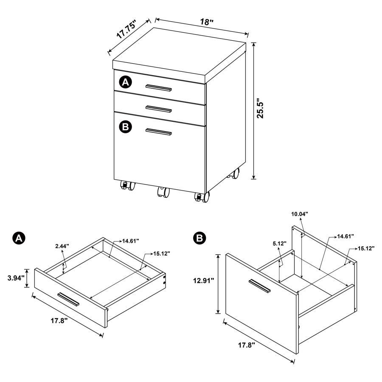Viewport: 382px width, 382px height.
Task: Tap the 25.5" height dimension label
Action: click(x=265, y=110)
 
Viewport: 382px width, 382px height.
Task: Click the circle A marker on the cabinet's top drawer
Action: click(x=125, y=82)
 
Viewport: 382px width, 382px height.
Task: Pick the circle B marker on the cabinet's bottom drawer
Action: click(x=125, y=126)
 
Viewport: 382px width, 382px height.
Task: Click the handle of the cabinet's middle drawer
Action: click(x=158, y=109)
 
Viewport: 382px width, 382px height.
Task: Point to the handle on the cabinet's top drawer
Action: click(x=158, y=88)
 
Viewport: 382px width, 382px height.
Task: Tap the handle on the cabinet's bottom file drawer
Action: click(x=158, y=132)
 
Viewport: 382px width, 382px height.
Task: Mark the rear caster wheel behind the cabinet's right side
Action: click(x=234, y=173)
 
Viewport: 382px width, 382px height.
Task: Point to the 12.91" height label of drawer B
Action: click(x=202, y=280)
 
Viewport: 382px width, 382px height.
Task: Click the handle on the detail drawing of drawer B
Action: click(x=259, y=286)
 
